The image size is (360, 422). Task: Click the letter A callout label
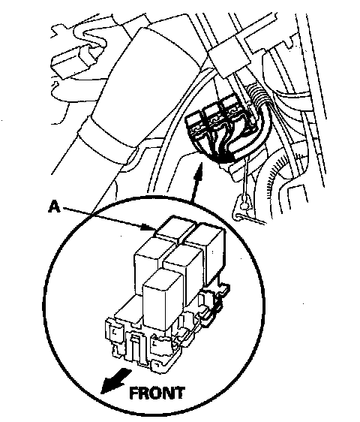click(x=54, y=207)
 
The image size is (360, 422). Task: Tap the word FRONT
click(x=157, y=393)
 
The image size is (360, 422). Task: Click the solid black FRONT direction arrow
click(x=115, y=381)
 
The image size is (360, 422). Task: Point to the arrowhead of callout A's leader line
click(x=149, y=228)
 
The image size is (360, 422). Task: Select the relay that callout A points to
click(x=175, y=229)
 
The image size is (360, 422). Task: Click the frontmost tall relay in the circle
click(x=162, y=300)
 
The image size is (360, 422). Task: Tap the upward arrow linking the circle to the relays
click(x=196, y=182)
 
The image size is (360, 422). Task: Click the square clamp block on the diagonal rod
click(x=229, y=58)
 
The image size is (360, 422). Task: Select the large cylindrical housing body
click(x=134, y=89)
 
